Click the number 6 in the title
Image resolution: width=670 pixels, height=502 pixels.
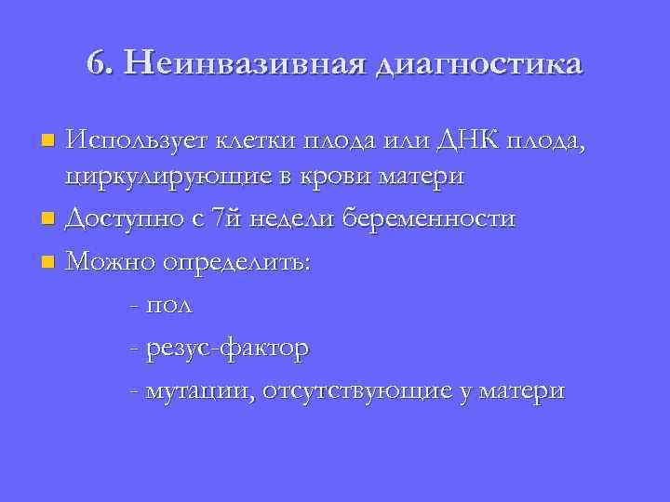96,63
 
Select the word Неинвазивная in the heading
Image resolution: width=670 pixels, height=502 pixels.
244,63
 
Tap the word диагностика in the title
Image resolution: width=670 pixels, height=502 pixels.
480,65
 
